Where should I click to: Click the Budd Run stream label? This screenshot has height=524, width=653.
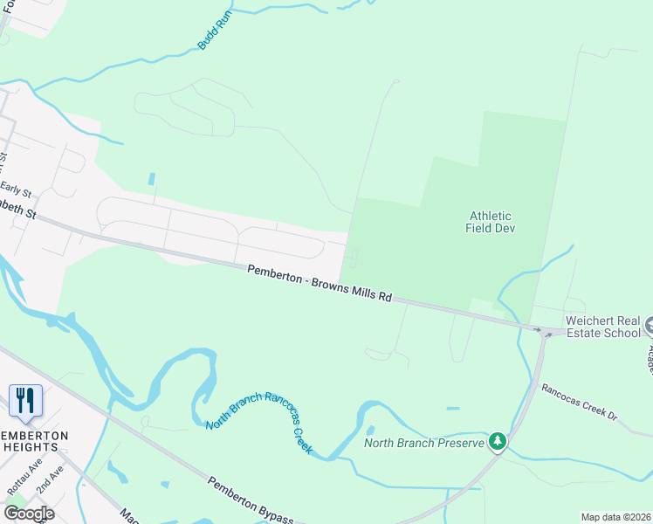click(212, 31)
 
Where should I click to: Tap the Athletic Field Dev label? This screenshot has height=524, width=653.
click(490, 222)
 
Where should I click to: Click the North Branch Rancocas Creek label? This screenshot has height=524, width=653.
click(259, 422)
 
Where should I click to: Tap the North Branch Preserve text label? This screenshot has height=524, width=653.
click(424, 443)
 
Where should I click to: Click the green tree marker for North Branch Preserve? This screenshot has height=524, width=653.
click(498, 442)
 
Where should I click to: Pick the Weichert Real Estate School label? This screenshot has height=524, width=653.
click(602, 327)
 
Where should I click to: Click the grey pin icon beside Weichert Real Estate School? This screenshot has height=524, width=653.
click(649, 327)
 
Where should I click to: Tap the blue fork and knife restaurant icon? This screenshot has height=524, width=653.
click(25, 401)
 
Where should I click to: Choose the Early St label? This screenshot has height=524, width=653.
click(16, 189)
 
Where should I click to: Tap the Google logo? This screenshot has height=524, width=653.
click(29, 513)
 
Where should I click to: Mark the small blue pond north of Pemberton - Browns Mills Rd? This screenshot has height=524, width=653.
click(152, 179)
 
